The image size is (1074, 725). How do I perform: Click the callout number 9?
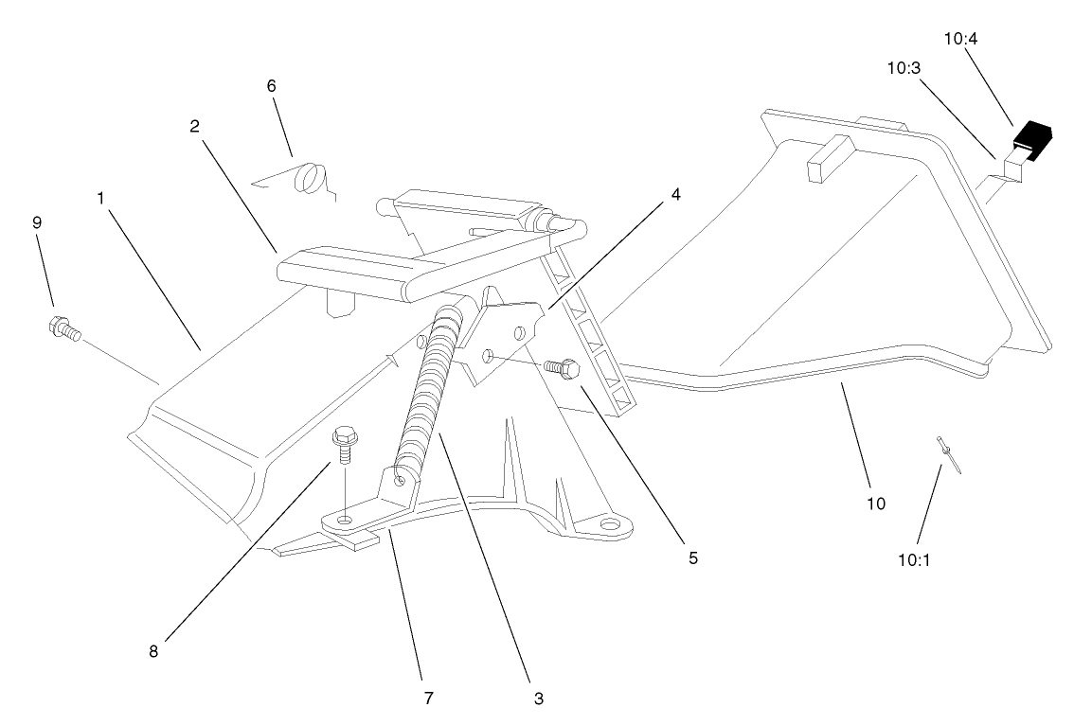37,222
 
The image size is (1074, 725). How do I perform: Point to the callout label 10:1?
915,559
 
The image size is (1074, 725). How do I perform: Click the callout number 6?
271,85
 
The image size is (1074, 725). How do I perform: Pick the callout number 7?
428,698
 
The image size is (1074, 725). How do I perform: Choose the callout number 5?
692,558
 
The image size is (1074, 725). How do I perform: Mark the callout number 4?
674,195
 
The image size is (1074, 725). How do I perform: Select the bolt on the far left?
63,328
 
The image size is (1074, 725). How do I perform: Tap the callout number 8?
153,651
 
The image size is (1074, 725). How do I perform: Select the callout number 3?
537,699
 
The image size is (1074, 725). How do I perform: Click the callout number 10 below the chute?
876,503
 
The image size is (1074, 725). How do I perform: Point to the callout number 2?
194,127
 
